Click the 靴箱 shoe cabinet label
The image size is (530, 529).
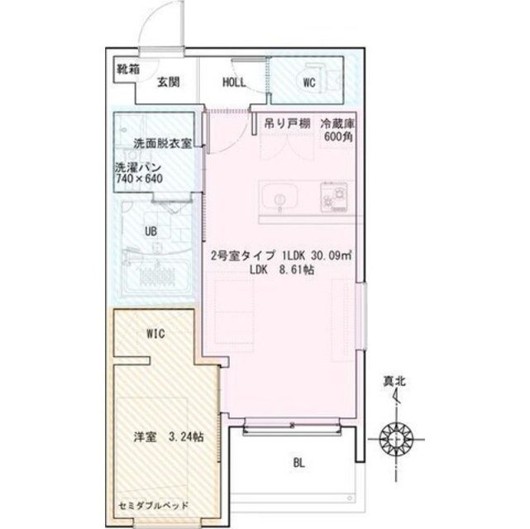coord(128,69)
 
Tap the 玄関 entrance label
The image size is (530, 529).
coord(169,82)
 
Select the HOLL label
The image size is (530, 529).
coord(234,83)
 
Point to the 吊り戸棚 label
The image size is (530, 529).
coord(287,124)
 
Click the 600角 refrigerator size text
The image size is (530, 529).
coord(338,137)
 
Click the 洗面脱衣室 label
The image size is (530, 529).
coord(163,144)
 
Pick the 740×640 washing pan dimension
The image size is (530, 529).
coord(139,179)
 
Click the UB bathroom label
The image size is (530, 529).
coord(150,231)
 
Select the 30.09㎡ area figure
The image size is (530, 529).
coord(332,255)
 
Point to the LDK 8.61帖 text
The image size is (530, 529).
coord(282,269)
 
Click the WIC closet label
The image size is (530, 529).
coord(155,334)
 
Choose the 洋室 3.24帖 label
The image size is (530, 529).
coord(169,437)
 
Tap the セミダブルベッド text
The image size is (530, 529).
coord(154,506)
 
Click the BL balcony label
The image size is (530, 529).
coord(298,463)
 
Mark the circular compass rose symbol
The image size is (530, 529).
coord(396,439)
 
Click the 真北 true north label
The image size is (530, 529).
coord(394,382)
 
